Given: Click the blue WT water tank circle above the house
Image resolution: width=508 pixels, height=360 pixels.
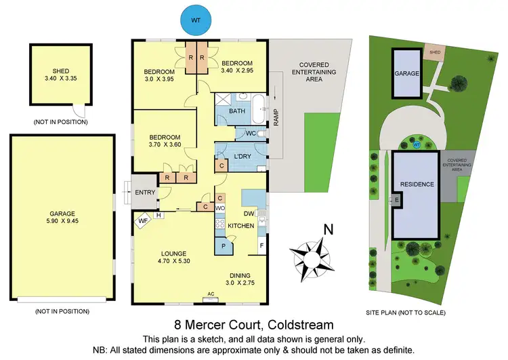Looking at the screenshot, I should coord(195,20).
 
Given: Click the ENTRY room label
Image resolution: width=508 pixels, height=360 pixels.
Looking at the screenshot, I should coord(146,192).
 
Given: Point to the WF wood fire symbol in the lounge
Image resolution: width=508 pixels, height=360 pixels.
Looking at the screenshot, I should coord(143,220).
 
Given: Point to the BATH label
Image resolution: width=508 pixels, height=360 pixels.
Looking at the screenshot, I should coord(237,111).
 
